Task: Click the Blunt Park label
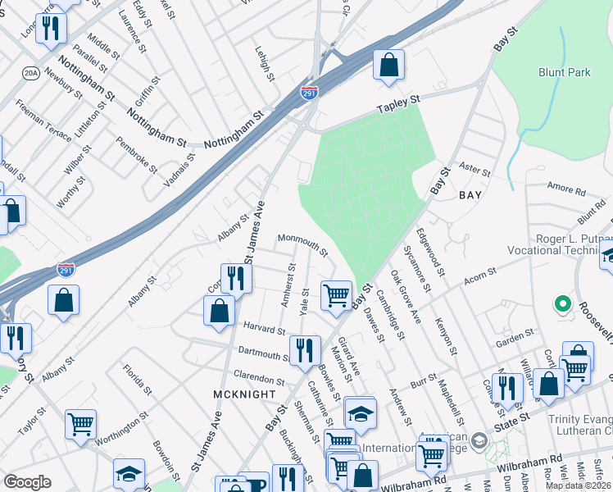tap(565, 72)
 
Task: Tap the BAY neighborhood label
tap(470, 195)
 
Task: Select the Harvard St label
tap(264, 329)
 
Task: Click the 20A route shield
tap(31, 73)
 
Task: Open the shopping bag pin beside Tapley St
tap(389, 65)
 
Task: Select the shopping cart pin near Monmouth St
tap(336, 295)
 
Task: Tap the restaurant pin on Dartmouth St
tap(305, 350)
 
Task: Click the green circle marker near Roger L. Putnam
tap(562, 305)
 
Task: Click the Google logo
tap(27, 482)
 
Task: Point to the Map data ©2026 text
tap(579, 485)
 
